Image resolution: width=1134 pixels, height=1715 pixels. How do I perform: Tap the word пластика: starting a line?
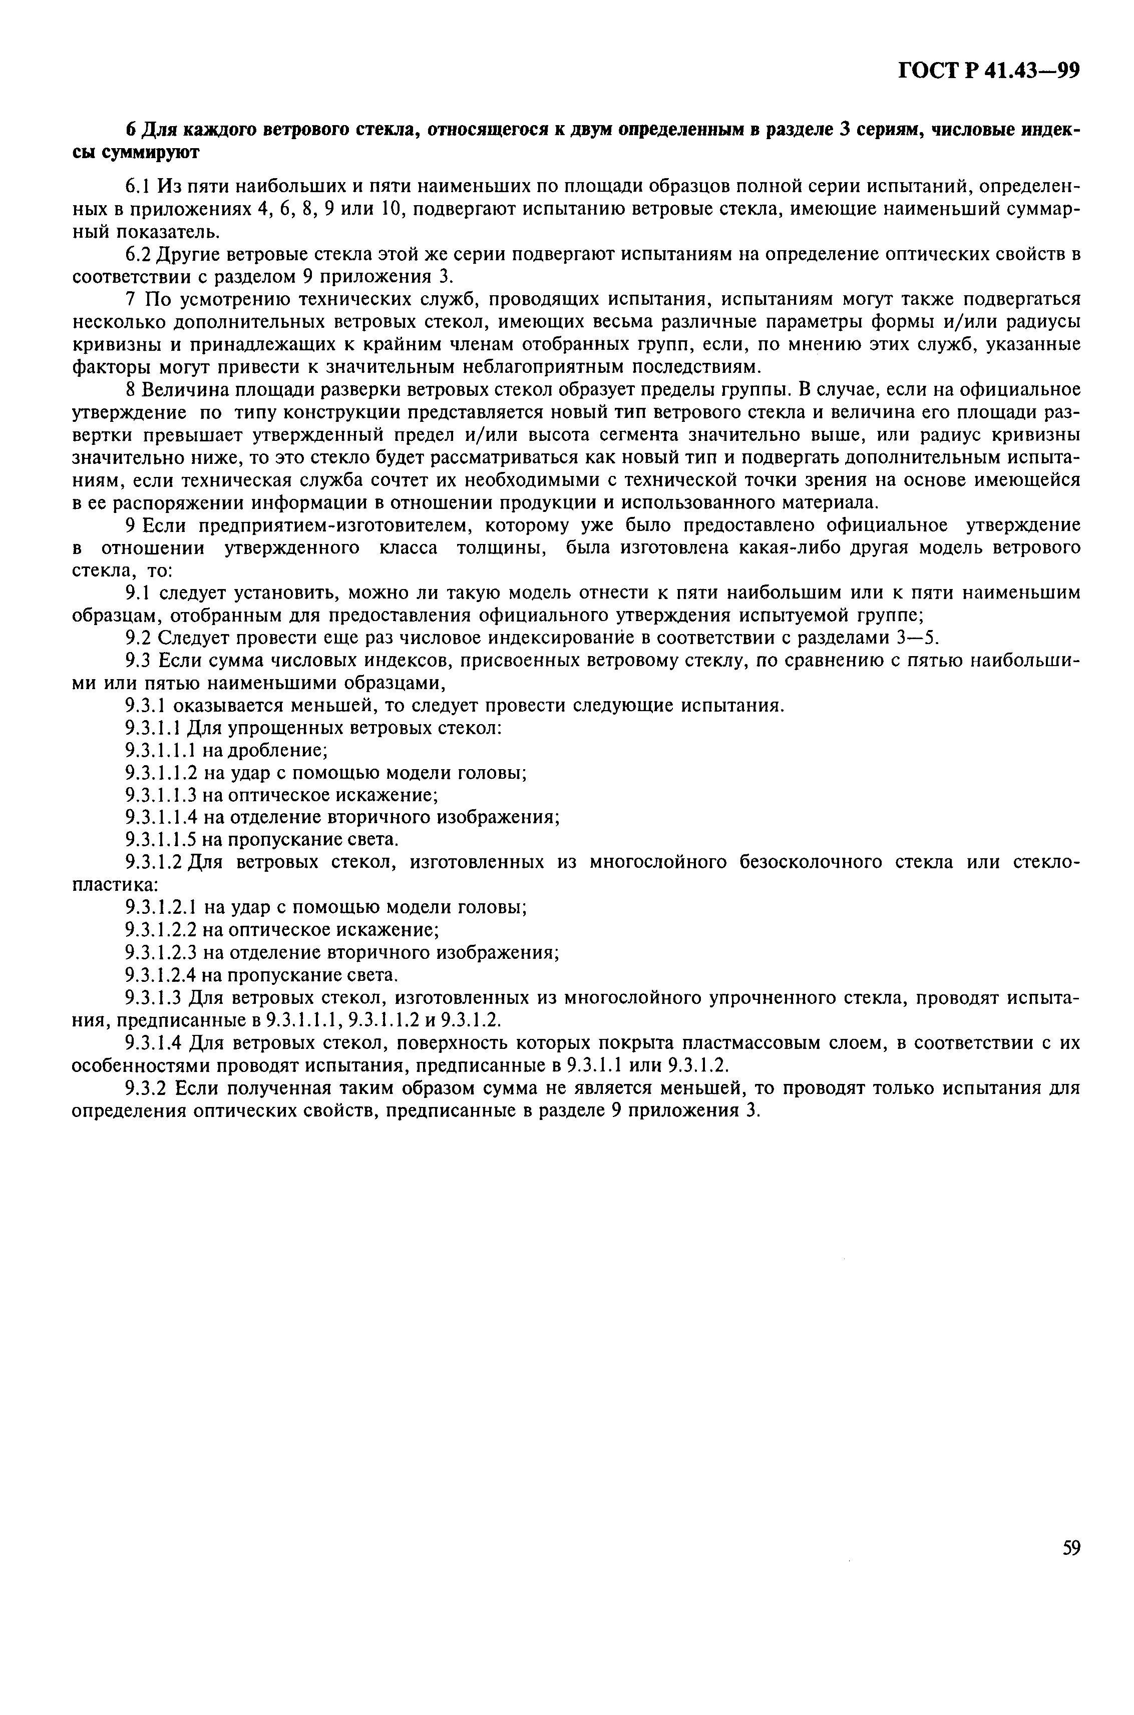(x=117, y=885)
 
